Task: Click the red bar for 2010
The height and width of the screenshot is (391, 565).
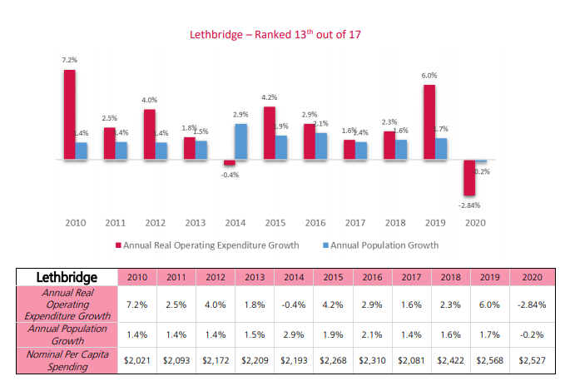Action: click(70, 114)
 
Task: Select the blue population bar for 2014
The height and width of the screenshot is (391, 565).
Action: click(240, 141)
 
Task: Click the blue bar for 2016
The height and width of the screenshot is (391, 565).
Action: click(321, 146)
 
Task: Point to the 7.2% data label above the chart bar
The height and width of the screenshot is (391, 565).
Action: click(70, 61)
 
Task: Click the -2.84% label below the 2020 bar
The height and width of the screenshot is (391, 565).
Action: click(470, 204)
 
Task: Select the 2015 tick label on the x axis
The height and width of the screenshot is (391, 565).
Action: click(275, 223)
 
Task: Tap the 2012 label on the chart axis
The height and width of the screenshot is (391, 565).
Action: click(155, 223)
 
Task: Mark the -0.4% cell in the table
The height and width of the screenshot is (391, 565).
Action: click(294, 304)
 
